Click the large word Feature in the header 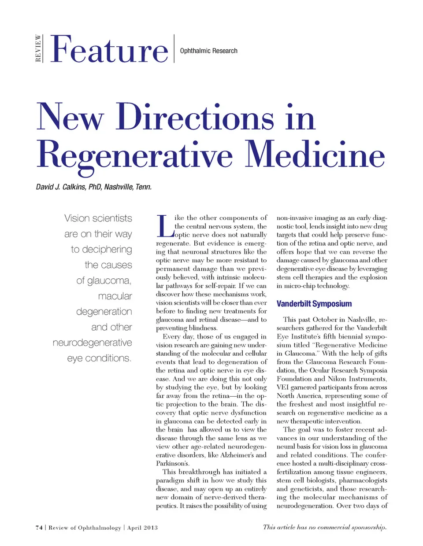(x=109, y=49)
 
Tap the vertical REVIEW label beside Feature (x=38, y=48)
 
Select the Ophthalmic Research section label (x=208, y=51)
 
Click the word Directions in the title (x=195, y=117)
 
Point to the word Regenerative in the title (x=134, y=155)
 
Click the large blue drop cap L (x=164, y=225)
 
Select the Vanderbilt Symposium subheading (x=314, y=303)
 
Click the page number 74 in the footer (x=39, y=528)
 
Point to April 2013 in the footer (x=142, y=528)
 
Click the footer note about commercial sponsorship (x=325, y=527)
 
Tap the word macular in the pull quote (x=115, y=296)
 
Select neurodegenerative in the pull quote (x=92, y=343)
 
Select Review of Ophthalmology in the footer (x=85, y=528)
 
